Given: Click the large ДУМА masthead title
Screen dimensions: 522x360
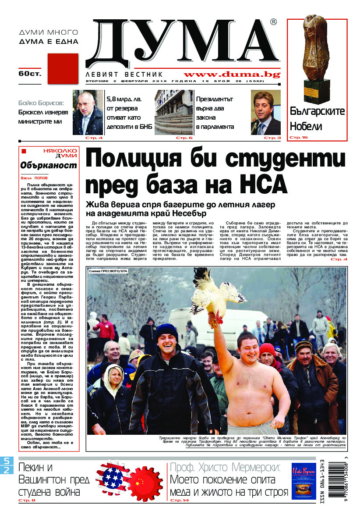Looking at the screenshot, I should click(x=180, y=44).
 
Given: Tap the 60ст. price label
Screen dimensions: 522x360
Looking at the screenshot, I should click(x=30, y=74).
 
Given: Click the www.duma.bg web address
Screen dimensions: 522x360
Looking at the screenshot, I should click(x=232, y=75).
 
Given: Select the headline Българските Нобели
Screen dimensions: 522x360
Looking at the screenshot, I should click(x=318, y=119).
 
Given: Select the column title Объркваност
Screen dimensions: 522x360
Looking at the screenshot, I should click(x=49, y=165).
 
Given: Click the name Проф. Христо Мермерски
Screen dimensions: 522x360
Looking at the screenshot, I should click(x=225, y=467).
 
